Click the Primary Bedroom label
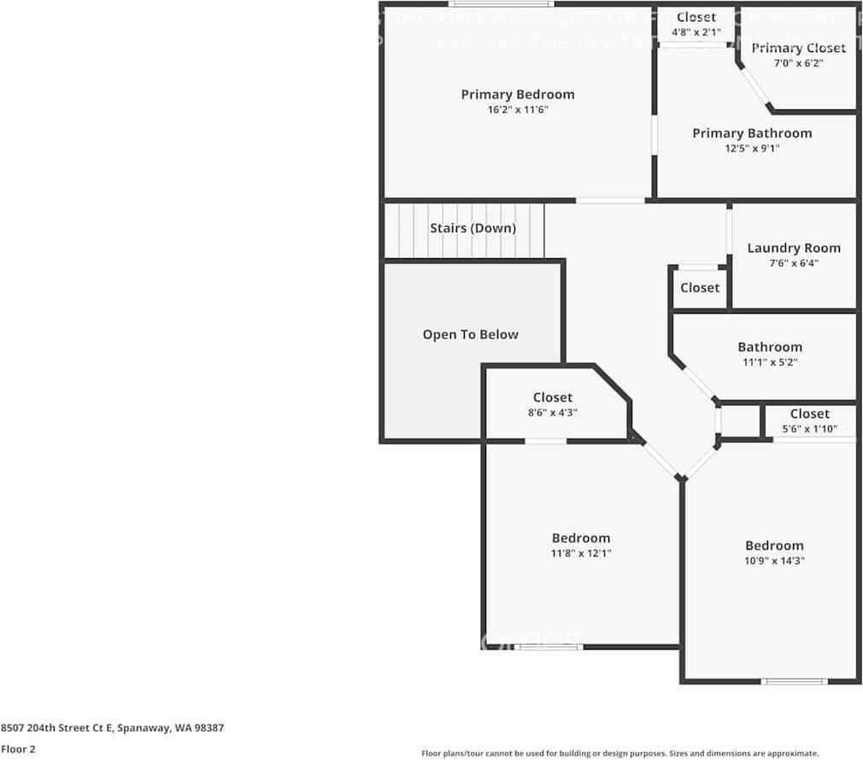[x=518, y=94]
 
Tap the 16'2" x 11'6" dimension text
[x=518, y=109]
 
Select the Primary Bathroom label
[x=752, y=133]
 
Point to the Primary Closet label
[x=798, y=48]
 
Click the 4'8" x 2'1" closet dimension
[x=696, y=32]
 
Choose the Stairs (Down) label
[x=473, y=228]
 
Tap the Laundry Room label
[x=794, y=248]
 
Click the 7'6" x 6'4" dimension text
[x=794, y=263]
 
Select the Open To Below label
[x=470, y=334]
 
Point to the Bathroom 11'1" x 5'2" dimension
[x=770, y=362]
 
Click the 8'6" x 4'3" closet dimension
[x=553, y=413]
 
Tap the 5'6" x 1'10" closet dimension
[x=809, y=429]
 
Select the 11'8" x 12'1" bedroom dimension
[x=581, y=553]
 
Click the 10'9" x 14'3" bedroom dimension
[x=774, y=561]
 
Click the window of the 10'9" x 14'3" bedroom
[x=795, y=681]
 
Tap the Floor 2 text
[x=18, y=749]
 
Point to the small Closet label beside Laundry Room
[x=700, y=288]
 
